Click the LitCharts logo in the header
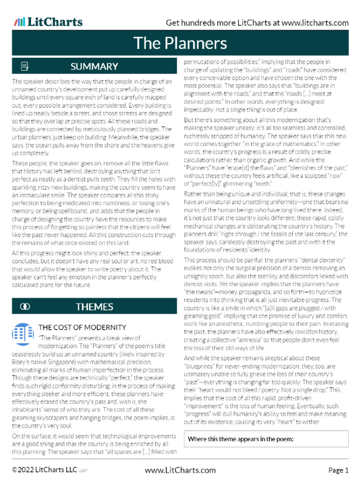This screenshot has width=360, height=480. click(48, 22)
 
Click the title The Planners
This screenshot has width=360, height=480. click(180, 43)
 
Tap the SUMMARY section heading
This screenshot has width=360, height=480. click(94, 67)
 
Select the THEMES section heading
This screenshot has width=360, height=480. click(94, 307)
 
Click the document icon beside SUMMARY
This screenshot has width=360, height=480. click(25, 67)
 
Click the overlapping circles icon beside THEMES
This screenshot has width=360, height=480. click(25, 307)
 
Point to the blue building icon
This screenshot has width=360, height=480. click(21, 333)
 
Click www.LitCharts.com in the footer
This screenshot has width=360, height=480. click(180, 470)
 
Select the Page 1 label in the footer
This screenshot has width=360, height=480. click(338, 470)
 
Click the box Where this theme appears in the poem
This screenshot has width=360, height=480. click(266, 439)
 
